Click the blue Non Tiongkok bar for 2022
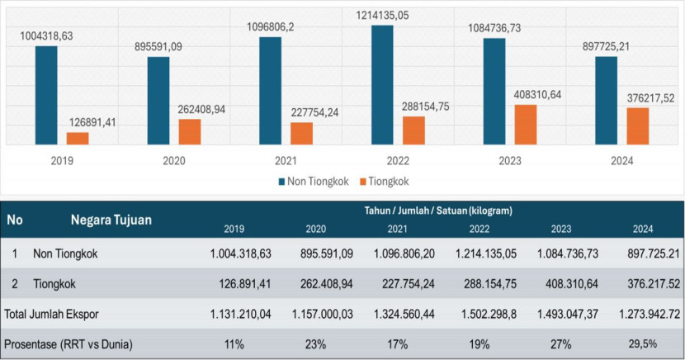(x=382, y=85)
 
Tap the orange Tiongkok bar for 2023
(x=526, y=125)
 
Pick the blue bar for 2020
(x=158, y=101)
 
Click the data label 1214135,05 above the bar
(x=382, y=15)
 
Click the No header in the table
(x=15, y=220)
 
